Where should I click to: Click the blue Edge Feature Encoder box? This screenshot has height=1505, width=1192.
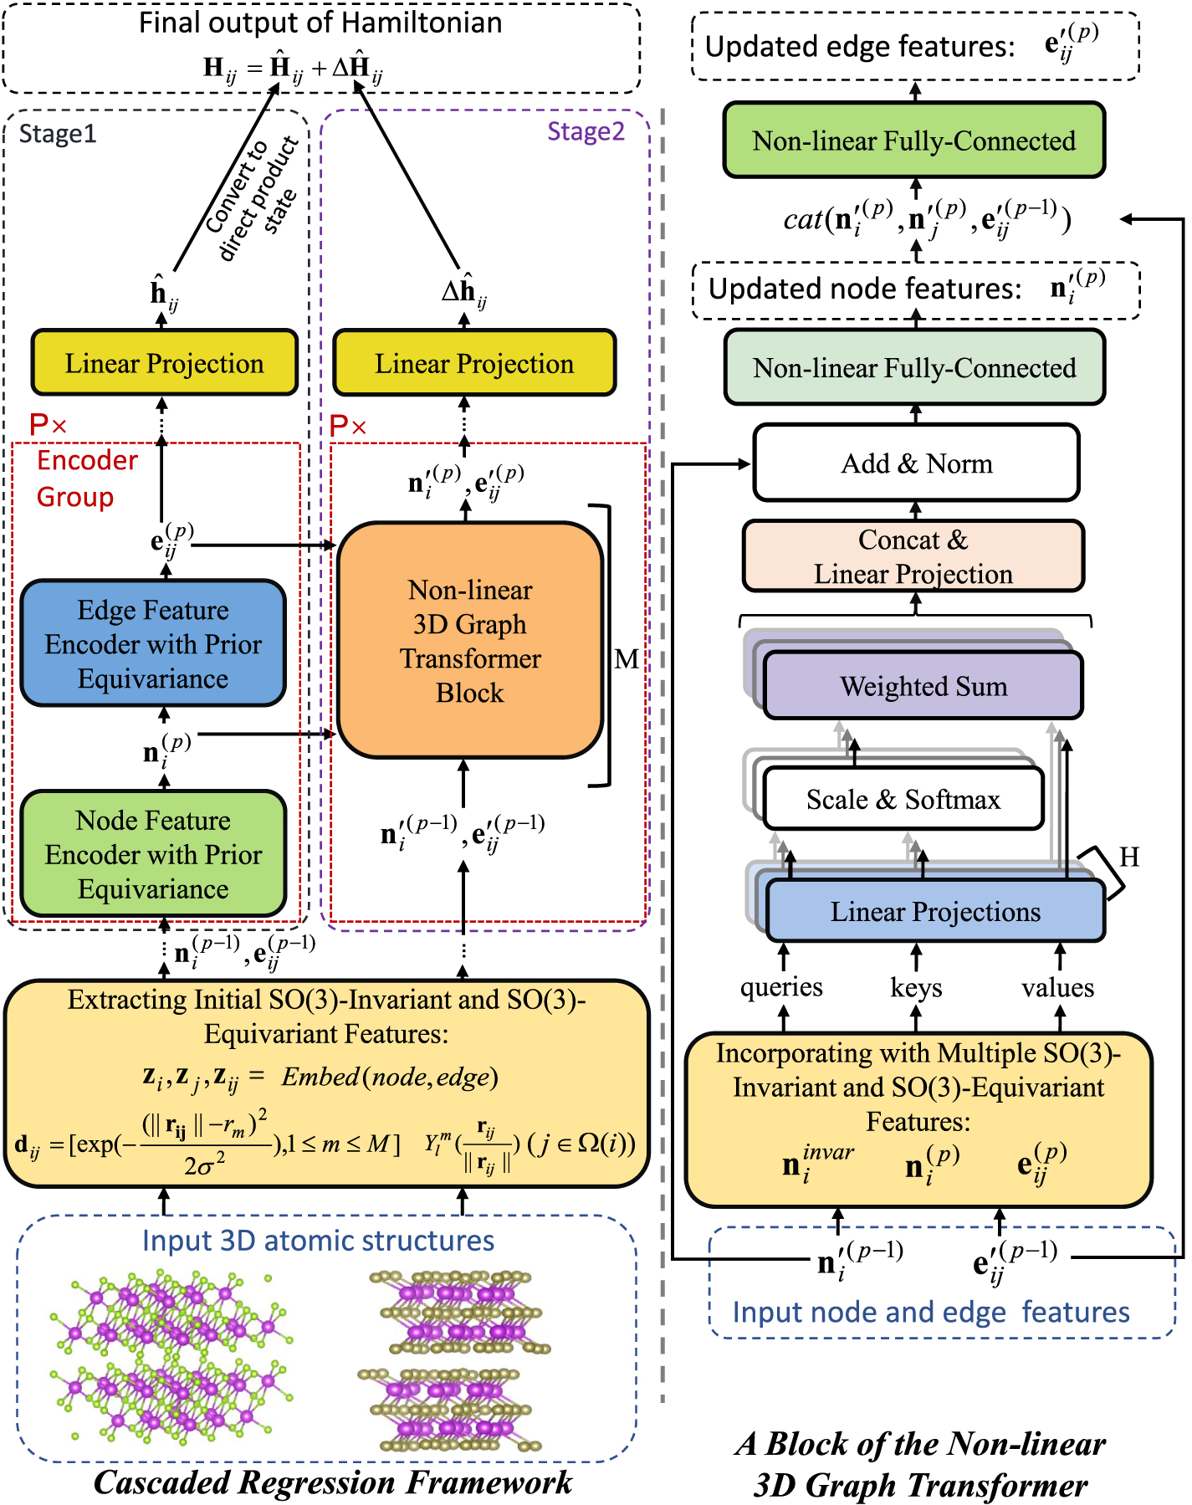coord(153,643)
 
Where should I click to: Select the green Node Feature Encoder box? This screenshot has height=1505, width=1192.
coord(153,853)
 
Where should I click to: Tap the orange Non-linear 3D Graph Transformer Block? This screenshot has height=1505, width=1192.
coord(470,641)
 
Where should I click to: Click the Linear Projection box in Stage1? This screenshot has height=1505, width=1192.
coord(165,363)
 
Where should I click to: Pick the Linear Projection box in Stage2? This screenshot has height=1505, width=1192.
coord(474,363)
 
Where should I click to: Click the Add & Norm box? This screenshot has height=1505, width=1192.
coord(917,463)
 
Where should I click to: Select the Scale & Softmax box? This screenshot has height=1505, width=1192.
coord(903,799)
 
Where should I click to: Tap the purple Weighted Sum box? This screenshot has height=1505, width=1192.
coord(923,686)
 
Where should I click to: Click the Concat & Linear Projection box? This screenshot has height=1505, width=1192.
coord(913,556)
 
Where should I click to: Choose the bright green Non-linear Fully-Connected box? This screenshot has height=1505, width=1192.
coord(914,141)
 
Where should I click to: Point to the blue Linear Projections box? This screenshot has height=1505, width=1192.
coord(935,911)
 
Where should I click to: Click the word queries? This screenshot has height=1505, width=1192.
coord(781,987)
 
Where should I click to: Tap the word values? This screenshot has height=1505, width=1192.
coord(1057,988)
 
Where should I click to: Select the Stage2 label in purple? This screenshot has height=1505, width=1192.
coord(586,131)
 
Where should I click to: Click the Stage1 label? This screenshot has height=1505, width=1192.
coord(58,134)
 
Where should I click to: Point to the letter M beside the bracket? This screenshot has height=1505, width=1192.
coord(627,659)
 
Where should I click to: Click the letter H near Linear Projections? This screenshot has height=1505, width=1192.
coord(1129,857)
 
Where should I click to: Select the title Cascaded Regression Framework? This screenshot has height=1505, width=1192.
coord(333,1482)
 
